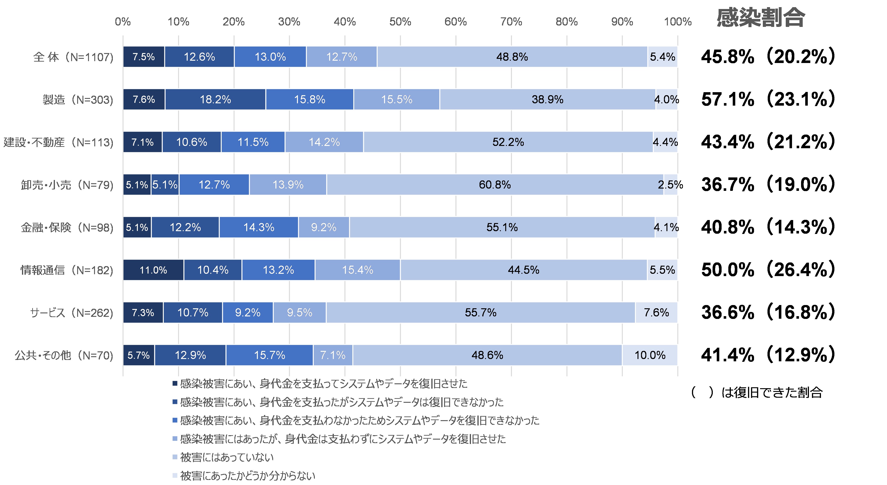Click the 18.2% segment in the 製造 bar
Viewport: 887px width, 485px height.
(x=215, y=100)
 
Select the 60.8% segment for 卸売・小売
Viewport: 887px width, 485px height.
(x=495, y=185)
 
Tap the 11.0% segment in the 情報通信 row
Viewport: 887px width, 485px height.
(x=153, y=270)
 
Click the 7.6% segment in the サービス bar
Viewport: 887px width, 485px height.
(x=656, y=312)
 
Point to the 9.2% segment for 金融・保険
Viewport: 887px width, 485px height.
(x=324, y=227)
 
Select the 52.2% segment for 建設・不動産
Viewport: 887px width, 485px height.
(x=508, y=142)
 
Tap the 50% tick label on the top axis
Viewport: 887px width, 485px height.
(x=400, y=22)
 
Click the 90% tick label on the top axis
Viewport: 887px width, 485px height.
(x=622, y=22)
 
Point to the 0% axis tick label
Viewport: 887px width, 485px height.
(x=123, y=22)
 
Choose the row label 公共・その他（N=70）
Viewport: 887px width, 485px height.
(x=64, y=355)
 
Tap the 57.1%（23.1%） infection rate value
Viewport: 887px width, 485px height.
(x=768, y=100)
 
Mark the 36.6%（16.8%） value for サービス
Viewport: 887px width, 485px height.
(x=768, y=312)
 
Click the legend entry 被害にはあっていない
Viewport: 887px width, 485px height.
(x=227, y=457)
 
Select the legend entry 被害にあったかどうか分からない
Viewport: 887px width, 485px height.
(x=247, y=476)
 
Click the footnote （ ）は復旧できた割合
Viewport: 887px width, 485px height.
(x=757, y=392)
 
